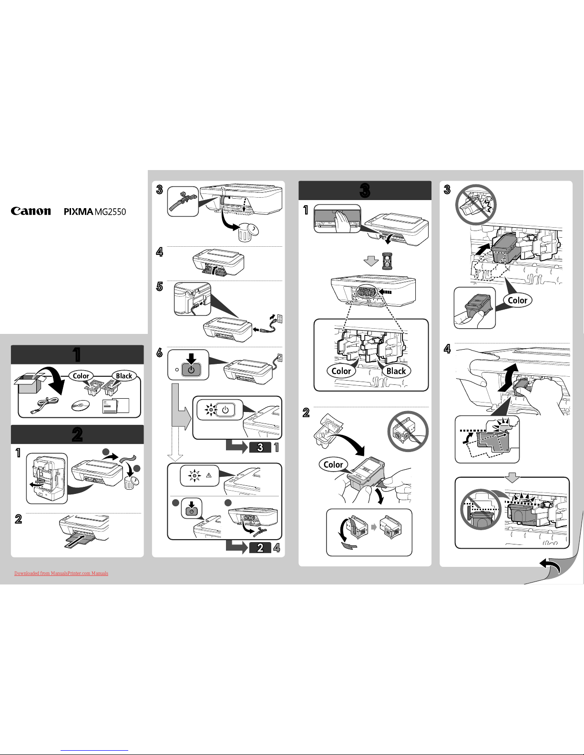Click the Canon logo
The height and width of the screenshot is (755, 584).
click(x=31, y=211)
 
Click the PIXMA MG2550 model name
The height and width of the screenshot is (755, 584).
click(x=95, y=211)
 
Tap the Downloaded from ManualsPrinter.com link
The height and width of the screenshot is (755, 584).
click(x=61, y=574)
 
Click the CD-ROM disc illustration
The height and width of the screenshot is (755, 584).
click(x=80, y=405)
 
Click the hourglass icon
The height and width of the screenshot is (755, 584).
click(x=386, y=262)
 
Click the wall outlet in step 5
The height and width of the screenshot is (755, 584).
click(x=279, y=319)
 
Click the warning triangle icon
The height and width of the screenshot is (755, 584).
click(x=209, y=475)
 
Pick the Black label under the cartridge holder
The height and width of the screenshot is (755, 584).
click(x=396, y=371)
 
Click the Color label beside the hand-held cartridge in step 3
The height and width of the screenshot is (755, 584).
click(x=518, y=300)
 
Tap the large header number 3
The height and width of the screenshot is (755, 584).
click(x=365, y=191)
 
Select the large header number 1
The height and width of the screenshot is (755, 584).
click(x=77, y=354)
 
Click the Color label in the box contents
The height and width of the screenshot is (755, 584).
click(x=81, y=376)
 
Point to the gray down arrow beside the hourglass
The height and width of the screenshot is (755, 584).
click(x=371, y=261)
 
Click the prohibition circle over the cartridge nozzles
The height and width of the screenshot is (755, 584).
click(x=408, y=431)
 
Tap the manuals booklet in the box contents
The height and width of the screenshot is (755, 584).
click(x=116, y=406)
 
